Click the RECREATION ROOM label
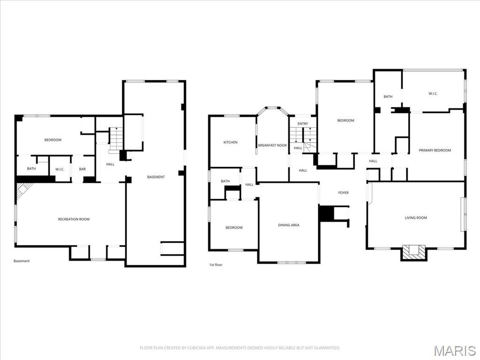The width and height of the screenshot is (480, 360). pyautogui.click(x=74, y=219)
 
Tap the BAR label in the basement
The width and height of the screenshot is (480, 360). pyautogui.click(x=82, y=169)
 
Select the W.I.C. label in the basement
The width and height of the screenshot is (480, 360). pyautogui.click(x=60, y=169)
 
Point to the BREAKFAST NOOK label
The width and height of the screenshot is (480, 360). pyautogui.click(x=272, y=145)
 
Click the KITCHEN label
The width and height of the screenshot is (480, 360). pyautogui.click(x=230, y=142)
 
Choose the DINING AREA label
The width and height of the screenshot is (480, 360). pyautogui.click(x=288, y=225)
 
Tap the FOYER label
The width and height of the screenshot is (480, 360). pyautogui.click(x=344, y=193)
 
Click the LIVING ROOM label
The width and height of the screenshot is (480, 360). pyautogui.click(x=416, y=217)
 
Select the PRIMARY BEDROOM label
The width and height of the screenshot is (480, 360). pyautogui.click(x=435, y=150)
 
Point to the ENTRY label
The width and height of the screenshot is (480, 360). pyautogui.click(x=303, y=124)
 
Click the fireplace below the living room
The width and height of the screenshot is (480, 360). pyautogui.click(x=413, y=251)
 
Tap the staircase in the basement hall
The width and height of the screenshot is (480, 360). pyautogui.click(x=116, y=139)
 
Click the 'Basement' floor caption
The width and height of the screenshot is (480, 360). pyautogui.click(x=22, y=261)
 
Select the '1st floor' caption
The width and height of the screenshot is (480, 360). pyautogui.click(x=216, y=265)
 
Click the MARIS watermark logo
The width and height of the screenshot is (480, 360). pyautogui.click(x=454, y=351)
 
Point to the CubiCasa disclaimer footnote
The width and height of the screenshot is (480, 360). pyautogui.click(x=240, y=348)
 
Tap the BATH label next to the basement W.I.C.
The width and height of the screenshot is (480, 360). pyautogui.click(x=31, y=169)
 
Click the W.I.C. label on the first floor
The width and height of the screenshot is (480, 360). pyautogui.click(x=433, y=94)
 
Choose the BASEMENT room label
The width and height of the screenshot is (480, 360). pyautogui.click(x=156, y=177)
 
